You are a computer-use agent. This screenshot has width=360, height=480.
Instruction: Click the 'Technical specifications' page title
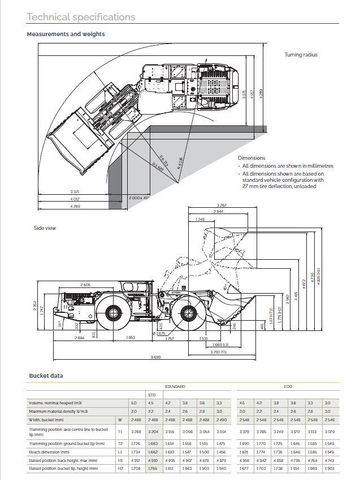(x=81, y=17)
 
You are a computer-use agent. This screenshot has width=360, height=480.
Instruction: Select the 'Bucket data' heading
(x=46, y=376)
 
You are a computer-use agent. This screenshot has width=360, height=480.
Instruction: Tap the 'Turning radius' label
(x=301, y=55)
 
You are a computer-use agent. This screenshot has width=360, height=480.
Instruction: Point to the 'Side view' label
(x=45, y=228)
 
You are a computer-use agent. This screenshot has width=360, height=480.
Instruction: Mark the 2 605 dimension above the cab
(x=85, y=284)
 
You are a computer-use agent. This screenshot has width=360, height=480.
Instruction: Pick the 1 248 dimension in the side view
(x=199, y=219)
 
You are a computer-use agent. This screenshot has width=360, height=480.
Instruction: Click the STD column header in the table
(x=151, y=395)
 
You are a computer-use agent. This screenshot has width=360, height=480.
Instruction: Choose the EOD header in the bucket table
(x=288, y=387)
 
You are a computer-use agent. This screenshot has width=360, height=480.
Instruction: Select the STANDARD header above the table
(x=175, y=387)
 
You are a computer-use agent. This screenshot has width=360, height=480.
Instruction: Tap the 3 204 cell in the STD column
(x=152, y=431)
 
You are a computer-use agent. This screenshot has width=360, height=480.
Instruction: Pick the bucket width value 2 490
(x=220, y=420)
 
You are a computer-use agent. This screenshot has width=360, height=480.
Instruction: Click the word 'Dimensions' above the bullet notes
(x=251, y=158)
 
